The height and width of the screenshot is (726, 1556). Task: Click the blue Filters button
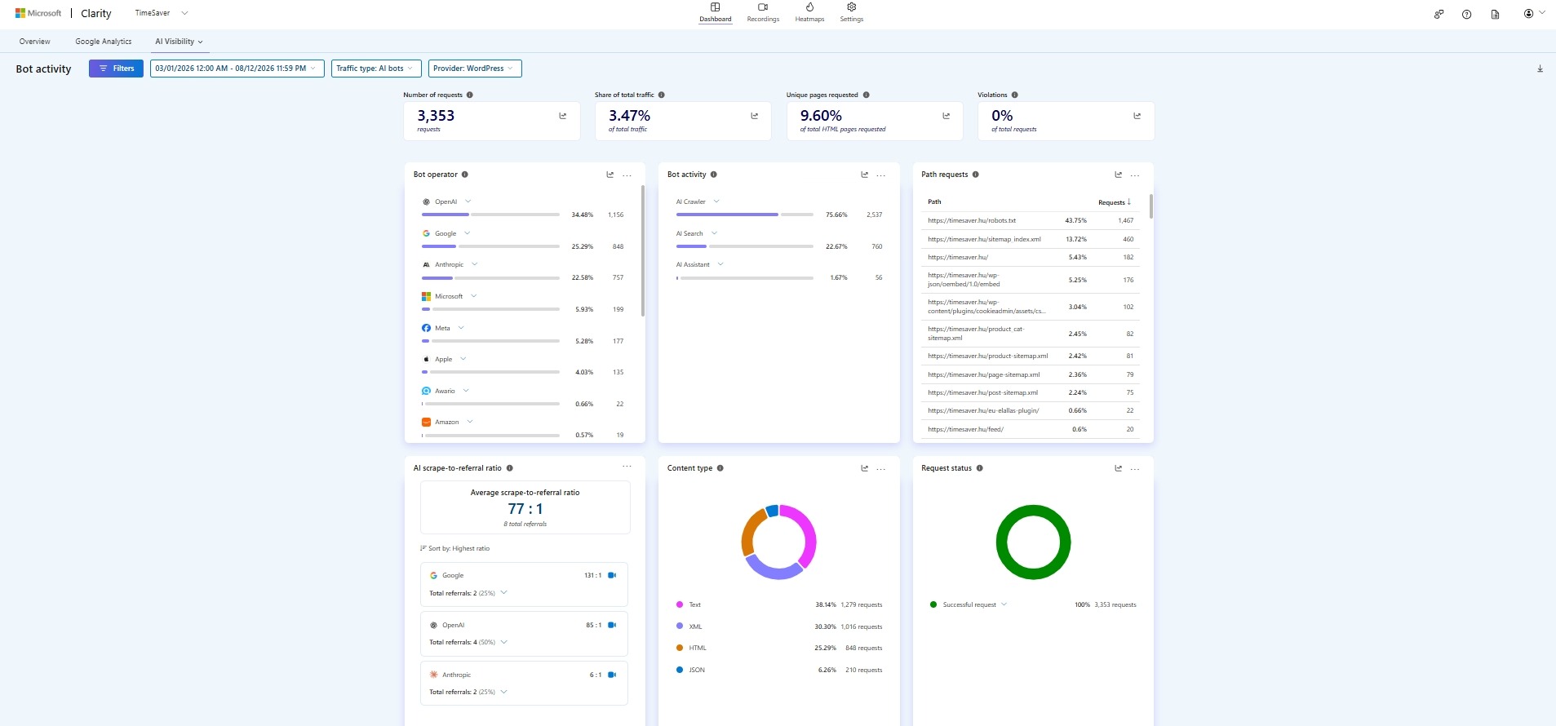tap(116, 69)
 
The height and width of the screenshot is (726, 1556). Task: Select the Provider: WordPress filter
tap(475, 69)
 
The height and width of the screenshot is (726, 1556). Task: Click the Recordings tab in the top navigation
tap(763, 13)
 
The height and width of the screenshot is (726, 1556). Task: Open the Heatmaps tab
tap(809, 13)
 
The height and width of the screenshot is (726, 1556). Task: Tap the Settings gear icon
tap(851, 7)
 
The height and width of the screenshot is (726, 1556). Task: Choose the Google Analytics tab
tap(104, 42)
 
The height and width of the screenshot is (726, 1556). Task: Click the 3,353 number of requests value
tap(436, 116)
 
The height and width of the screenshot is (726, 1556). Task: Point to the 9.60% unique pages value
tap(821, 116)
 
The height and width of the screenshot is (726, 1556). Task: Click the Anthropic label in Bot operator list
tap(449, 264)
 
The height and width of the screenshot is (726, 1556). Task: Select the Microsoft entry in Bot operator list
tap(449, 296)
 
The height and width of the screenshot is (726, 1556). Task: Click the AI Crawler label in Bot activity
tap(690, 201)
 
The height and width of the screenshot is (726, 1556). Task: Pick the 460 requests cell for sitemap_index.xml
tap(1128, 239)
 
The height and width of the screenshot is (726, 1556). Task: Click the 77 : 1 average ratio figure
tap(525, 508)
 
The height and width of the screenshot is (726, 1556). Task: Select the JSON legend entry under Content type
tap(697, 670)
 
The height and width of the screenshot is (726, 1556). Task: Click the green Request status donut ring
tap(1034, 508)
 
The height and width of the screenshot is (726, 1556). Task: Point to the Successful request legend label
tap(969, 604)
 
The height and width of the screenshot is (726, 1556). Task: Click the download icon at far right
tap(1540, 69)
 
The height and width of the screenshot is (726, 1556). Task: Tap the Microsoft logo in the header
tap(20, 13)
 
